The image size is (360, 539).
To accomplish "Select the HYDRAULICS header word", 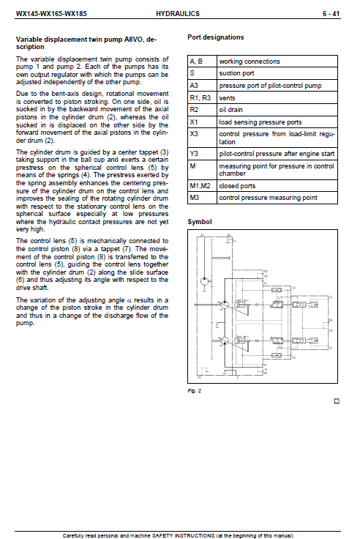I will click(x=178, y=13).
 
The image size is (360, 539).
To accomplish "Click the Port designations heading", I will click(x=216, y=37).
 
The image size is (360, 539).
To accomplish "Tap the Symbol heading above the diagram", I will click(x=200, y=220).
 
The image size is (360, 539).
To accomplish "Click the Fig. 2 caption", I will click(x=195, y=390).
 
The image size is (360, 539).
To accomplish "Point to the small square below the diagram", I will click(x=336, y=401).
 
